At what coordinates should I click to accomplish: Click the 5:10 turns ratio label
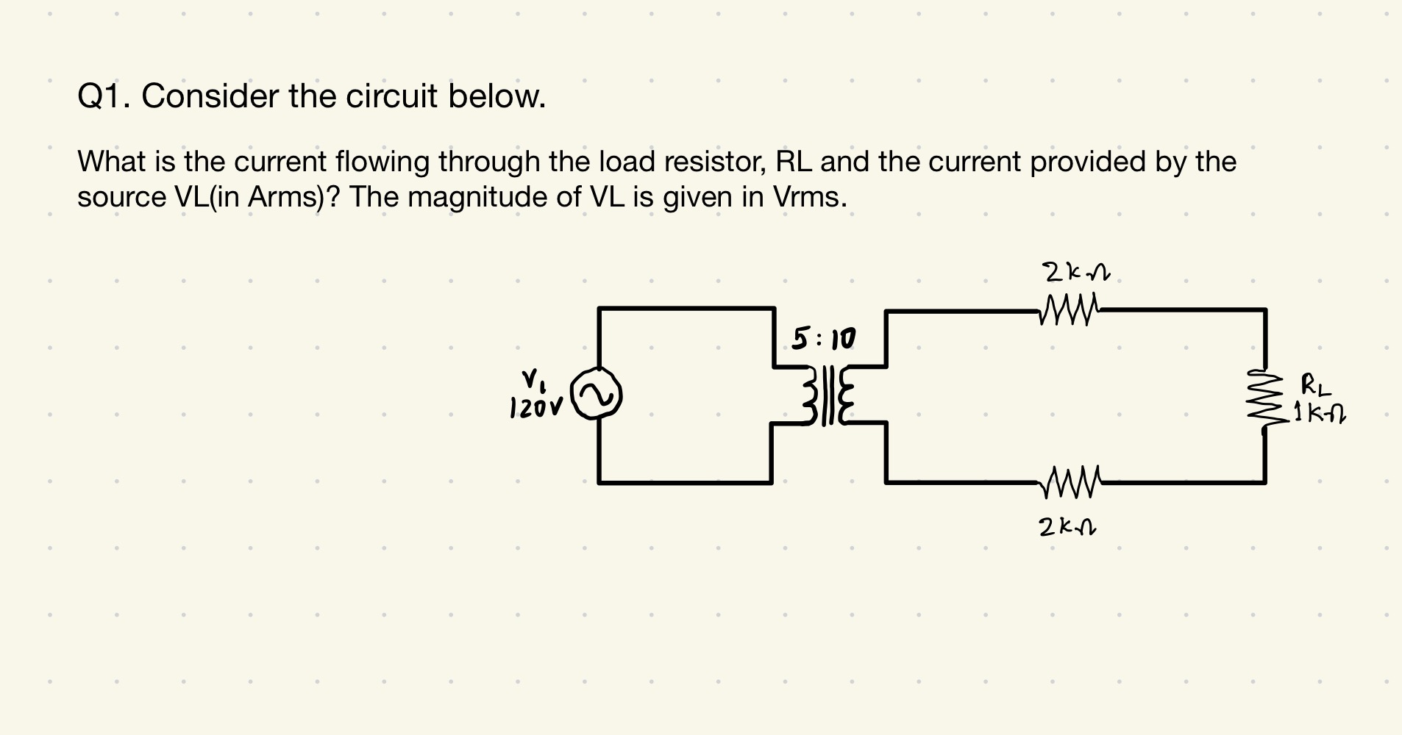[x=824, y=340]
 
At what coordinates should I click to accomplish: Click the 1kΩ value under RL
[x=1320, y=417]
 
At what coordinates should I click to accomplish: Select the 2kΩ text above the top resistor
[x=1075, y=273]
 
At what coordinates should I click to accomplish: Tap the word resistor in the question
[x=716, y=162]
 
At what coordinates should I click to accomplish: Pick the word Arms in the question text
[x=285, y=197]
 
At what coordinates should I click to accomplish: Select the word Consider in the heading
[x=210, y=96]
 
